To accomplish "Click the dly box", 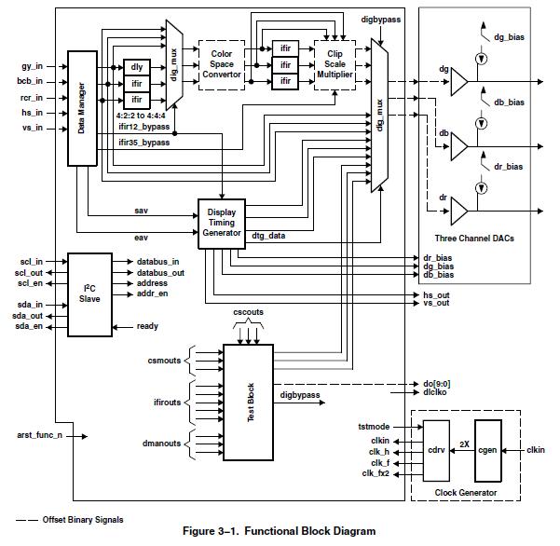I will [x=137, y=66].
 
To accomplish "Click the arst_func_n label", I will [x=40, y=435].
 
